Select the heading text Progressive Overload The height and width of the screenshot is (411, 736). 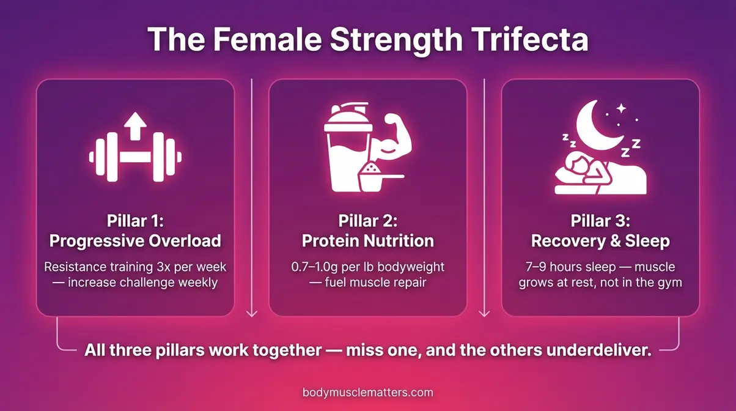tap(135, 241)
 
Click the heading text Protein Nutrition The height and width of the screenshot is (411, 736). tap(367, 241)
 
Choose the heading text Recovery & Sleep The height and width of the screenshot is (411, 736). tap(600, 241)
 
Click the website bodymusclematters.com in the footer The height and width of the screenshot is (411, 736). tap(367, 392)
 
